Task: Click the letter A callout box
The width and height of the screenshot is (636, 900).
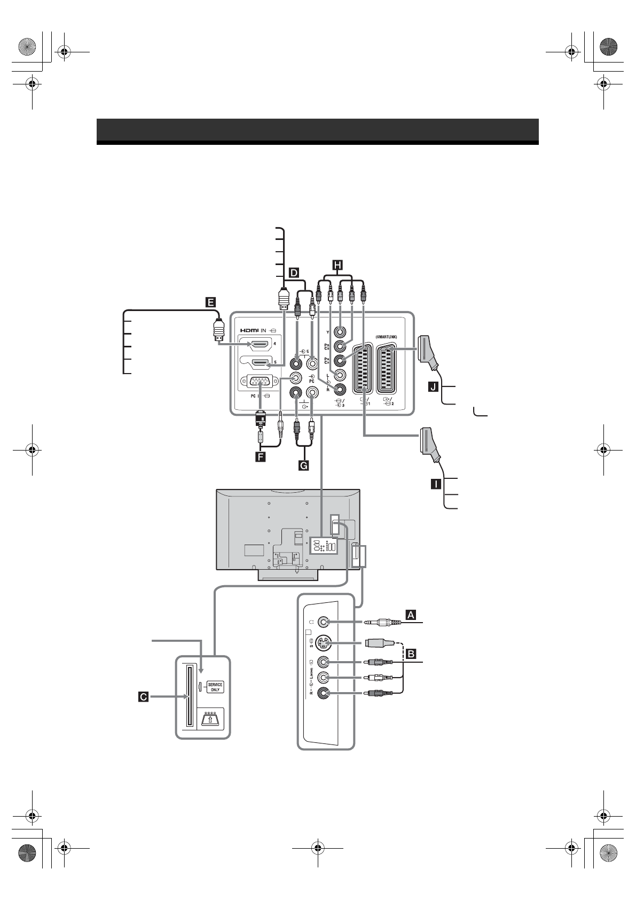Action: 411,615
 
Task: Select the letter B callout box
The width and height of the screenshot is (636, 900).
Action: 411,653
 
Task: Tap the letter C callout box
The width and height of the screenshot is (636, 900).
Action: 143,696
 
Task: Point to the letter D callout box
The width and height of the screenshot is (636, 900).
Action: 294,273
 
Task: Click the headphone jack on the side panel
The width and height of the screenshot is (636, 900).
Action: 323,622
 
